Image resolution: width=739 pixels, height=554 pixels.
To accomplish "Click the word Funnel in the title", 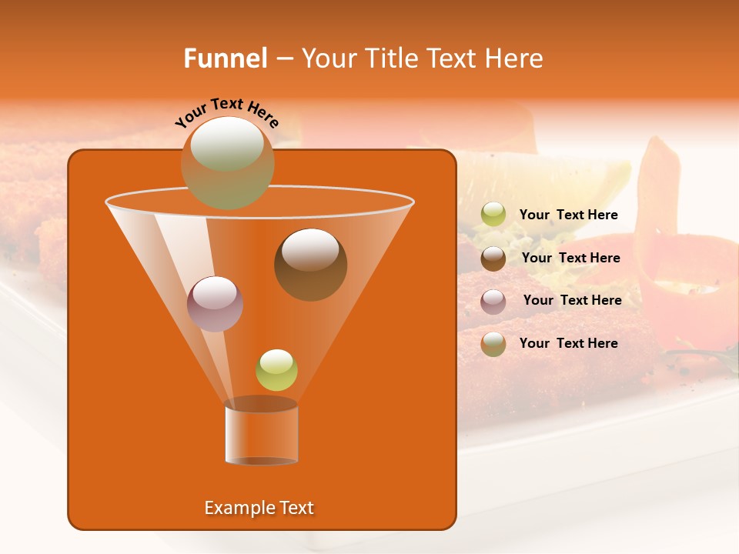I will pos(226,58).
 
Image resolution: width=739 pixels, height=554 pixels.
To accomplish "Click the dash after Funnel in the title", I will pos(284,58).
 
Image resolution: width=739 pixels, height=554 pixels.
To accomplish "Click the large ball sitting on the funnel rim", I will pos(227,162).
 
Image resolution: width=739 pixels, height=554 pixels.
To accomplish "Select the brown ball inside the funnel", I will pos(310,264).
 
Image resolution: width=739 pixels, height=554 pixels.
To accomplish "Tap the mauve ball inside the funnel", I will pos(215,304).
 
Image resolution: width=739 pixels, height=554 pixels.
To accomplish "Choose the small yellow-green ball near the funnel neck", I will pos(276,370).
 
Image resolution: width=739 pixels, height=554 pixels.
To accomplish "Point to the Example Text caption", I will pos(259,508).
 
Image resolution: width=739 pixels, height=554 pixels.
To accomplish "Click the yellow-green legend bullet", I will pos(493,215).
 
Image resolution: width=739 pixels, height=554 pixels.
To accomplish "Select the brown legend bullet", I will pos(493,259).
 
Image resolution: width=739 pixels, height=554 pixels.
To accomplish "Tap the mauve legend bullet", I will pos(493,301).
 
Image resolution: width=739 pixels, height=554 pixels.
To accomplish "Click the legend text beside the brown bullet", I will pos(570,258).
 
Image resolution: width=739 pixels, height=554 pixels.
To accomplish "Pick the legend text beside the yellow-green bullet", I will pos(568,215).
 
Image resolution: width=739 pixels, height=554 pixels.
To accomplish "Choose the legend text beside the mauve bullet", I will pos(572,300).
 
